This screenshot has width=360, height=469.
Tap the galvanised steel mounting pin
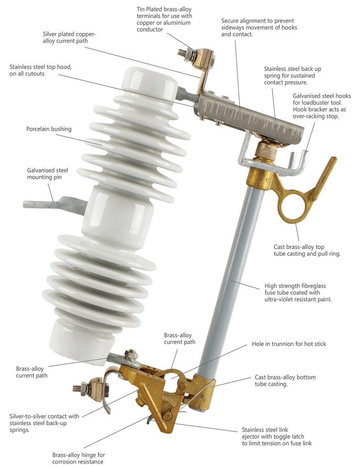[54, 204]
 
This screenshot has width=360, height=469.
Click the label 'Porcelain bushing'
[49, 129]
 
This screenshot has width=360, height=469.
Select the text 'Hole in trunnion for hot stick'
[289, 344]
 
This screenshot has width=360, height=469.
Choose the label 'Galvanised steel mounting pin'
[48, 174]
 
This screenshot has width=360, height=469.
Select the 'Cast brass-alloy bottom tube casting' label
[285, 381]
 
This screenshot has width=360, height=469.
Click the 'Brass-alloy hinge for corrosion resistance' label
[79, 458]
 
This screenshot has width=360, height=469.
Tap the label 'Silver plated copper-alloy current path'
[69, 38]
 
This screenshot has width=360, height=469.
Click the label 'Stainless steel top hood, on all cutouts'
[41, 70]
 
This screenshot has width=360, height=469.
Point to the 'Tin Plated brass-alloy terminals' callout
[164, 19]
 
